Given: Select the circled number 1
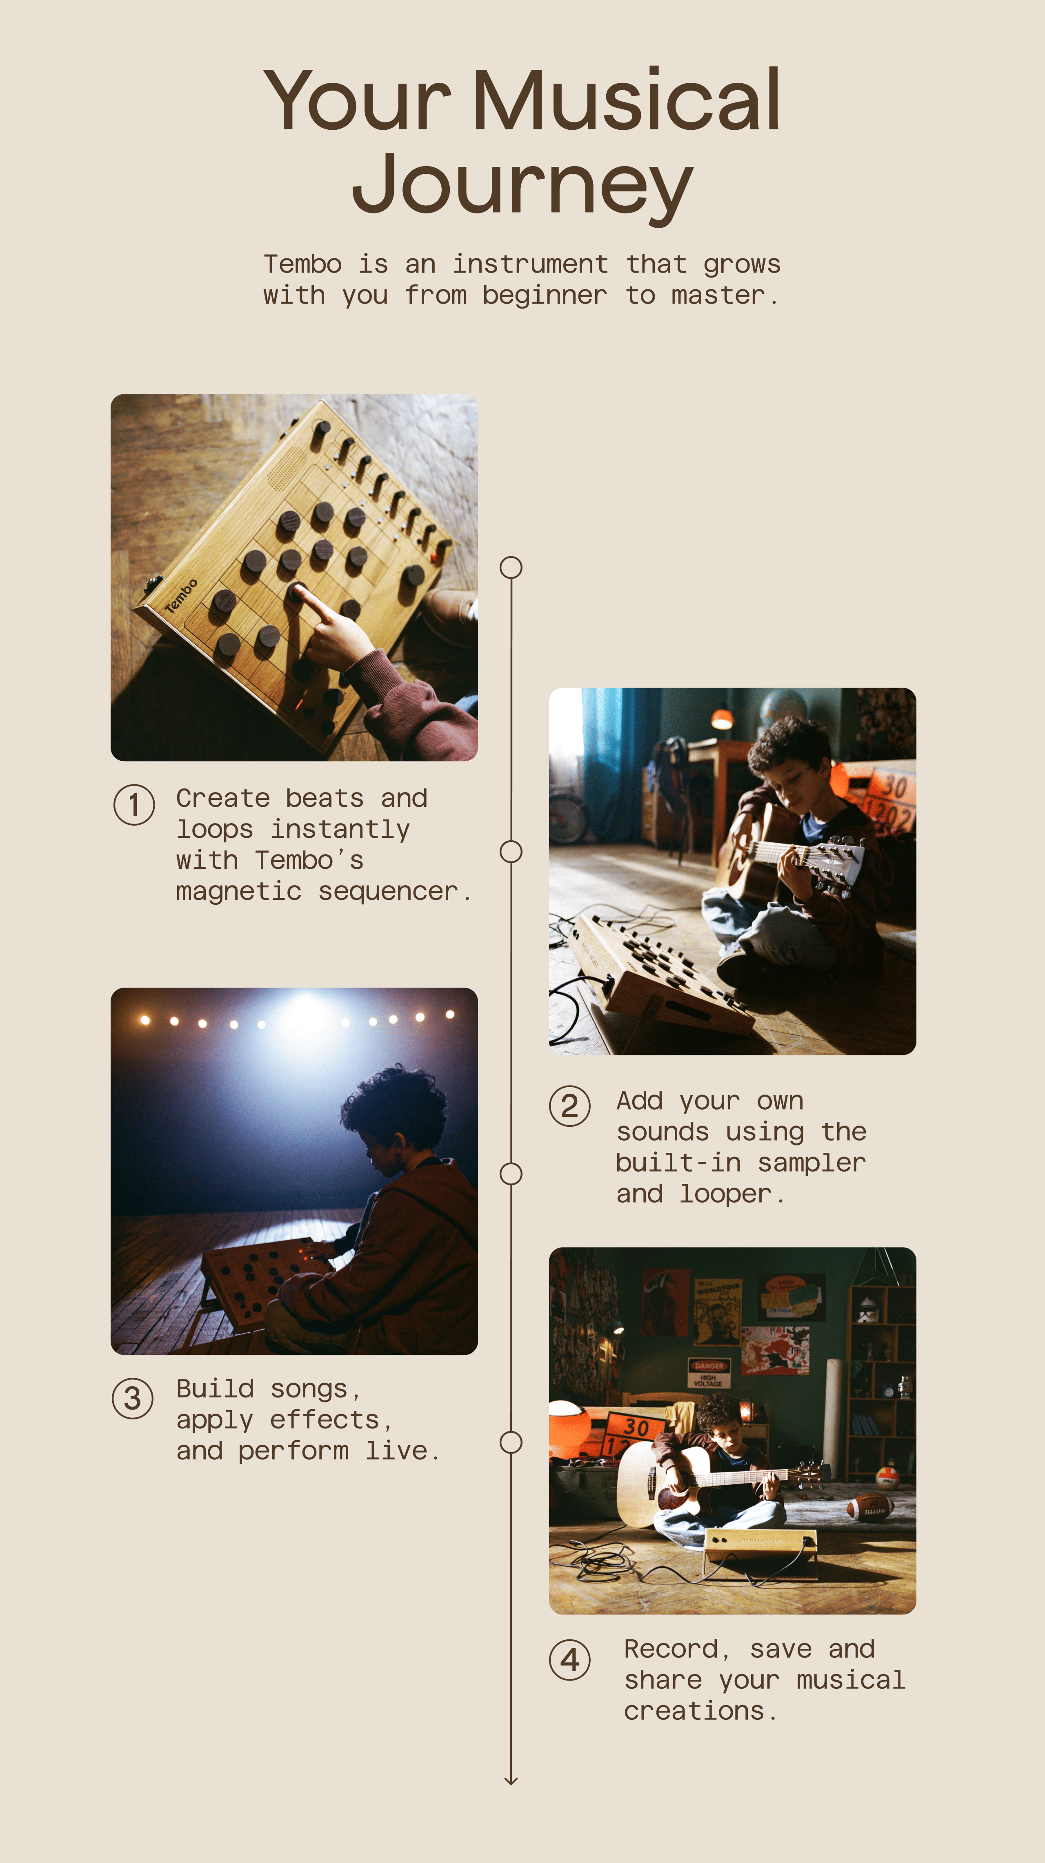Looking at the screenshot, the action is click(x=134, y=804).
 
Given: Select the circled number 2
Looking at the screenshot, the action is click(x=570, y=1106).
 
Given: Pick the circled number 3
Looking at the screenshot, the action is click(x=132, y=1398).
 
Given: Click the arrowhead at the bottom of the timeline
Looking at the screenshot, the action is click(x=511, y=1780).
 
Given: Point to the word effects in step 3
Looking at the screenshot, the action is click(x=324, y=1420).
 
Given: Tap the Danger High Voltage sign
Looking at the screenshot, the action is click(x=709, y=1372).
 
